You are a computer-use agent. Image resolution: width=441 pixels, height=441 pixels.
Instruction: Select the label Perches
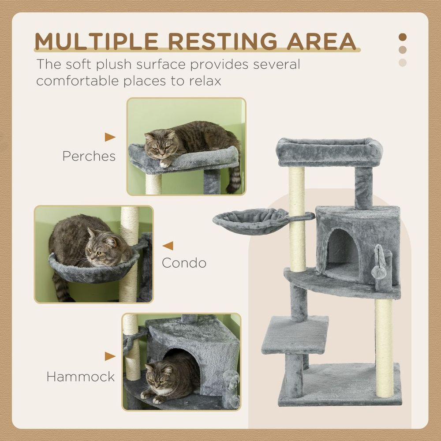pos(89,156)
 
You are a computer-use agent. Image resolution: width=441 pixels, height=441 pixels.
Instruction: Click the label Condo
pos(184,263)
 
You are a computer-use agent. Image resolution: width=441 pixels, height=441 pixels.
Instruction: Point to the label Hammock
pos(81,377)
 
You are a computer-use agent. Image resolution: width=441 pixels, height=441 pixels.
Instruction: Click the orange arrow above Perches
pos(110,137)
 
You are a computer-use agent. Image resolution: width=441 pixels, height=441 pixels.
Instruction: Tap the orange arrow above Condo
pos(168,246)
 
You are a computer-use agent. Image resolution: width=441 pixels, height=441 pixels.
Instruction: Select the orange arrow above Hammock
pos(110,356)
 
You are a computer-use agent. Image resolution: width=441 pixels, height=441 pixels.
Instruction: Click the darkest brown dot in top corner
pos(402,37)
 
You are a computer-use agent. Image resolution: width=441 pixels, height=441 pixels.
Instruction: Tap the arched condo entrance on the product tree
pos(342,251)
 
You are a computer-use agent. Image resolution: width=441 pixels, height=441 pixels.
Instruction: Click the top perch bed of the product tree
pos(329,151)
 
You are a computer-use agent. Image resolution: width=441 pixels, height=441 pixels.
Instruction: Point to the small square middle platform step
pos(295,334)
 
